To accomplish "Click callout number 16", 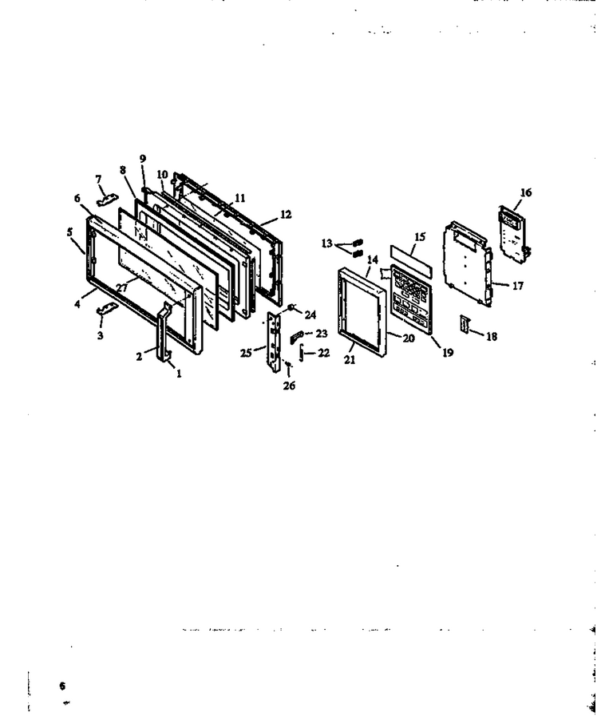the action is [x=525, y=192].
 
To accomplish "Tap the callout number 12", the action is [x=286, y=214].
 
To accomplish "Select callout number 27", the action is [x=122, y=287].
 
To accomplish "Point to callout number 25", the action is [x=246, y=353].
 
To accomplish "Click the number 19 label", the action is [x=448, y=352].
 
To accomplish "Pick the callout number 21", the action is [x=350, y=359].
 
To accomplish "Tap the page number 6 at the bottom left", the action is [x=62, y=686].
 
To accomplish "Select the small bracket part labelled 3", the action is [x=107, y=308].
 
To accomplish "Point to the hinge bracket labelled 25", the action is [x=274, y=341].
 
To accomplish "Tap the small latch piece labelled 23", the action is [x=297, y=337].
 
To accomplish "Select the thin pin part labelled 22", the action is [x=302, y=354].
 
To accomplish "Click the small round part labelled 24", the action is [x=292, y=307].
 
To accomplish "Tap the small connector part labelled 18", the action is [x=465, y=324].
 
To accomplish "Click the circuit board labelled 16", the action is [x=513, y=235].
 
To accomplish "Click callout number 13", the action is [x=327, y=243].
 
